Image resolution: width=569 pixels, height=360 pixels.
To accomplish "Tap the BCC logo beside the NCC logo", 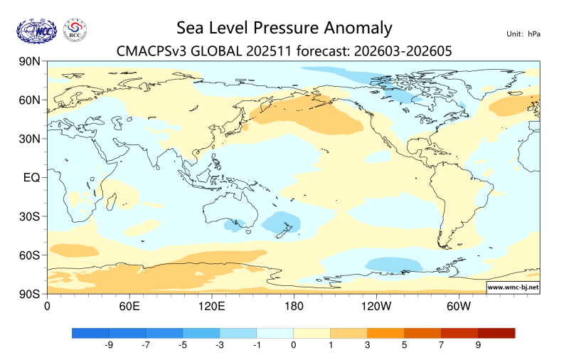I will [75, 30].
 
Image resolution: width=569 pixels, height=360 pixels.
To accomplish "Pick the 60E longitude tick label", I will [129, 307].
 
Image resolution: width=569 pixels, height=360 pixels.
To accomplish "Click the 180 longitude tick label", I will [294, 307].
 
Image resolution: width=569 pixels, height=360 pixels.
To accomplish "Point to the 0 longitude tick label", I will [47, 307].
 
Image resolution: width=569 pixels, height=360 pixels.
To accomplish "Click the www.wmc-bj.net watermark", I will [512, 287].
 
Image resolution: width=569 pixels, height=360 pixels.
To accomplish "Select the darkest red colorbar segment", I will [496, 332].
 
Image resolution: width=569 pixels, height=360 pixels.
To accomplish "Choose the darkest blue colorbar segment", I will [90, 332].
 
